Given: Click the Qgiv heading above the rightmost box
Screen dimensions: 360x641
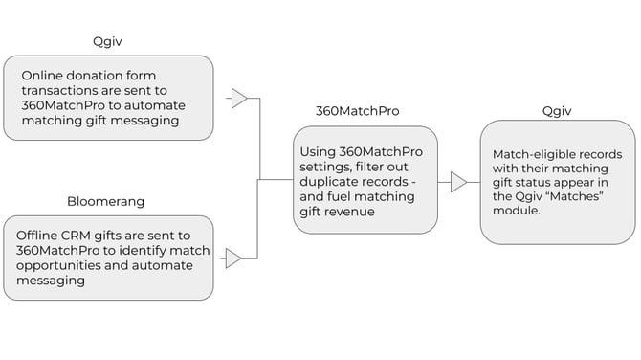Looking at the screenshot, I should tap(557, 111).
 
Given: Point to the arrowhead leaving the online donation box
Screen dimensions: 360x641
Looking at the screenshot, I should tap(239, 99).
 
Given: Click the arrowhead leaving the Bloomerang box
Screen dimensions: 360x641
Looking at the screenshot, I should tap(233, 259).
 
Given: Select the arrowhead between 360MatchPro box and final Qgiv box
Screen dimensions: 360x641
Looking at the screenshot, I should tap(459, 182).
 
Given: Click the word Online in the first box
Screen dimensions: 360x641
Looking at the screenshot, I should tap(42, 75).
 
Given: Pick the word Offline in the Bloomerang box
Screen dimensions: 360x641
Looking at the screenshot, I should tap(40, 236).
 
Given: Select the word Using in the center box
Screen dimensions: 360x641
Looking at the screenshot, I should tap(319, 151).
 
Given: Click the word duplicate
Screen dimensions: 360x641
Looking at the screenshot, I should tap(332, 182).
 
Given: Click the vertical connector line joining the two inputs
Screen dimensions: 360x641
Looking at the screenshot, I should tap(260, 178).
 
